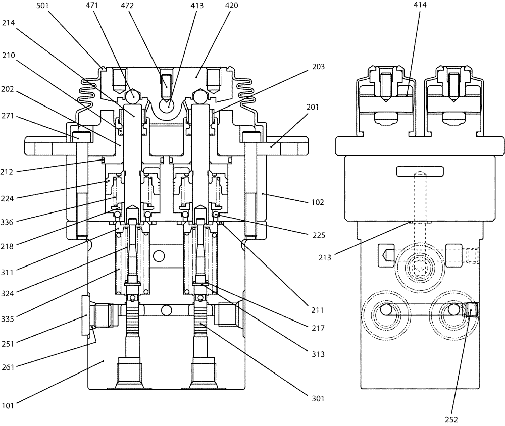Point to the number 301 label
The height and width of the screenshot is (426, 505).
point(318,398)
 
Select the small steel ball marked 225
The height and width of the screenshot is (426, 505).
point(216,216)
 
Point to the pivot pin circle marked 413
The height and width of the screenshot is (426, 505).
point(167,105)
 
